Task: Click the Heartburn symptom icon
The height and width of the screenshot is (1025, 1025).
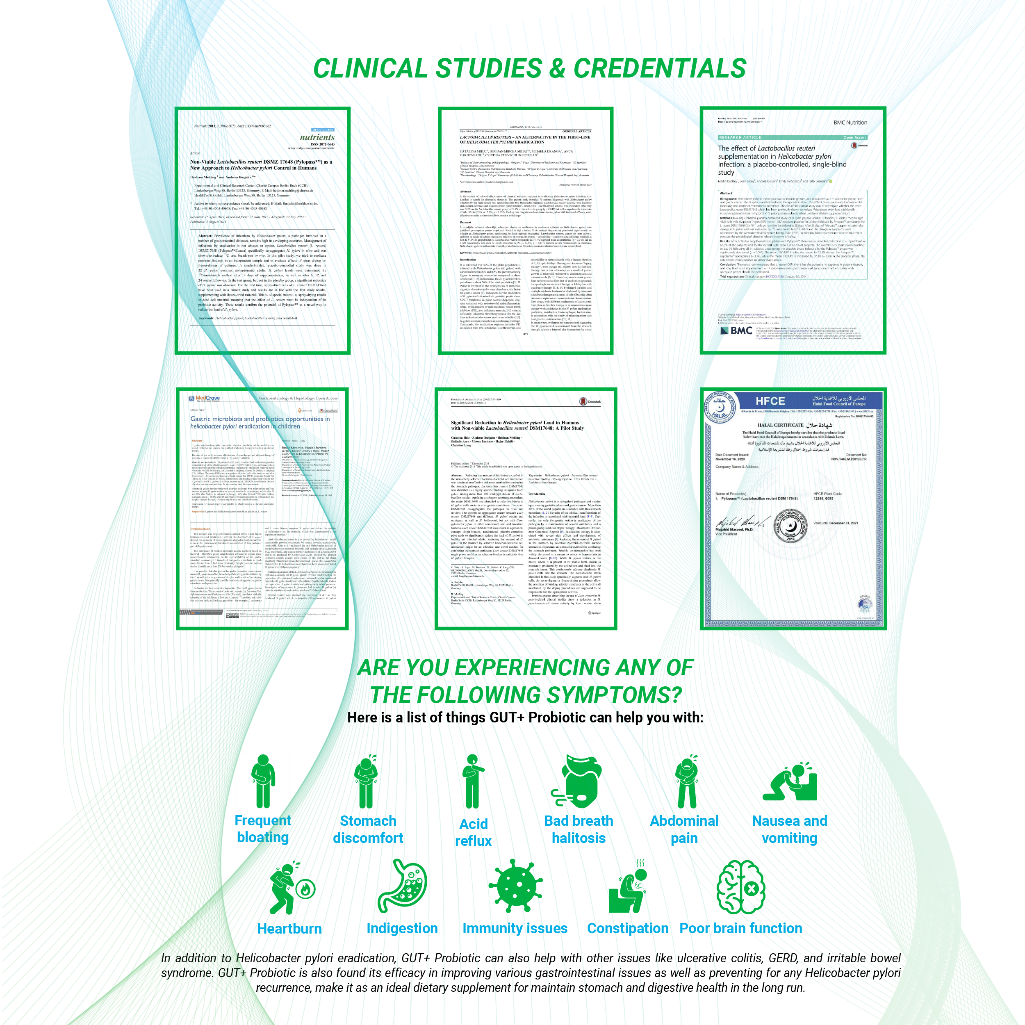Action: pyautogui.click(x=291, y=888)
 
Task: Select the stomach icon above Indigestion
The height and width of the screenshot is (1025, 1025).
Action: pyautogui.click(x=402, y=886)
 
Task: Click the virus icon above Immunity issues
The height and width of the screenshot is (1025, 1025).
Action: pyautogui.click(x=515, y=887)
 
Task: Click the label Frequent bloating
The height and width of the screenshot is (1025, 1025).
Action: pyautogui.click(x=263, y=829)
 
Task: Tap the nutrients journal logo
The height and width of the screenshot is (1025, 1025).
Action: pyautogui.click(x=317, y=137)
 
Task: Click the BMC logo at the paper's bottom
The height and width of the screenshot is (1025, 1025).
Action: pyautogui.click(x=736, y=331)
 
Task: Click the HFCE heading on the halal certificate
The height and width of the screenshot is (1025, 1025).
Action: pyautogui.click(x=770, y=401)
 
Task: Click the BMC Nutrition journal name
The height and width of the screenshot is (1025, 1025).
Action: pyautogui.click(x=850, y=123)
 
